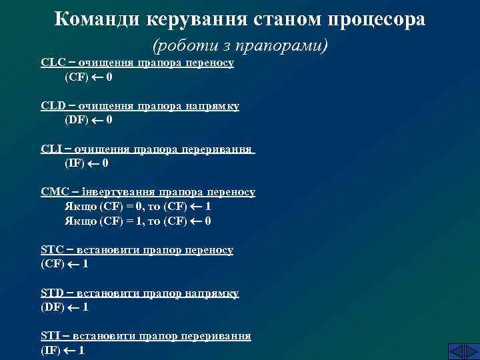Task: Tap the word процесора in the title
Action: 376,19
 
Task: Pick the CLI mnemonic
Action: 51,149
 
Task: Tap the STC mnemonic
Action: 52,249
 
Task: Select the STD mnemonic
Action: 52,293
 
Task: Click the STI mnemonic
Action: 51,335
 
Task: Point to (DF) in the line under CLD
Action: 76,121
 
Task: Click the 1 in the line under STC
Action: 85,264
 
